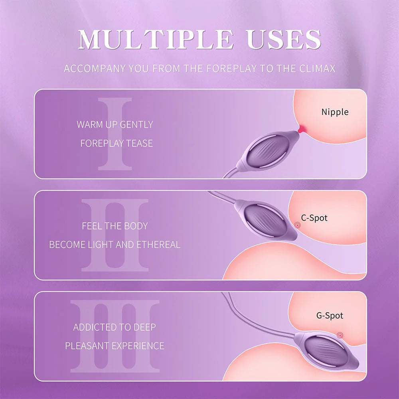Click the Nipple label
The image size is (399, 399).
coord(335,112)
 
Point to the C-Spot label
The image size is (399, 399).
coord(314,218)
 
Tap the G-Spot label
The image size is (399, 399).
coord(330,316)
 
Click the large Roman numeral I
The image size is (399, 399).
coord(115,134)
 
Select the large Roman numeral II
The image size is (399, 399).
coord(115,235)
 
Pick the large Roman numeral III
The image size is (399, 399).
coord(115,336)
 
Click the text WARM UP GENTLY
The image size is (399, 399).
coord(115,124)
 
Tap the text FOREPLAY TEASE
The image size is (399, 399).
coord(117,143)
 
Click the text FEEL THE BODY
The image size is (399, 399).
coord(115,226)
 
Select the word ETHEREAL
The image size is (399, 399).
coord(158,245)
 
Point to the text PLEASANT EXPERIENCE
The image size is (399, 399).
coord(115,346)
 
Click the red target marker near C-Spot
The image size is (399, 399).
coord(297,225)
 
